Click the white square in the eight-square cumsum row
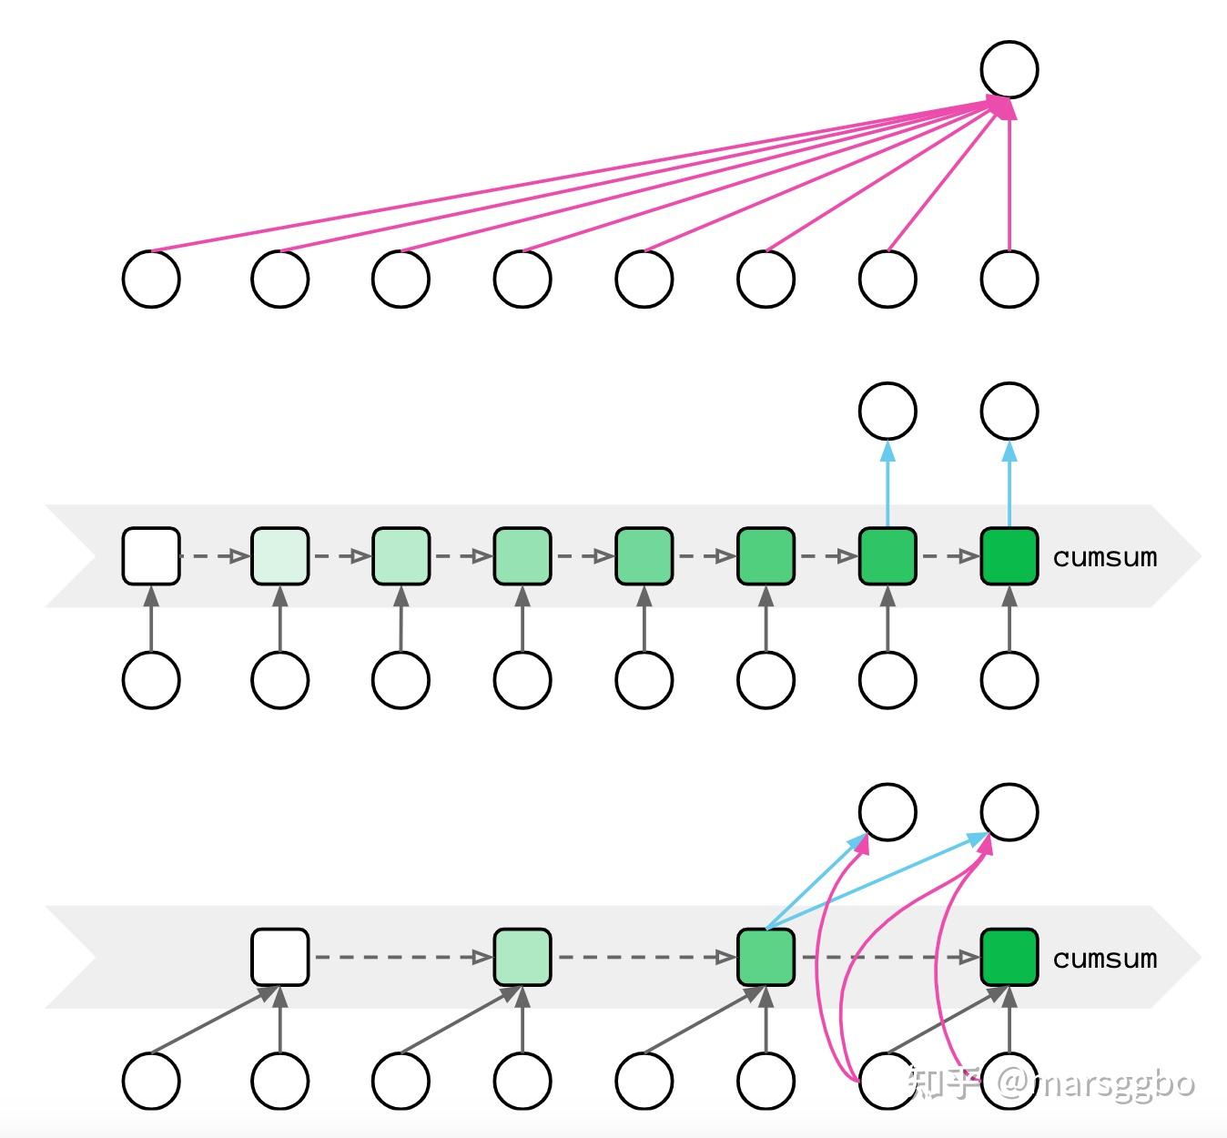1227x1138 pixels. [151, 555]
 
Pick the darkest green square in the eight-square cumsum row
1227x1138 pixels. [1009, 555]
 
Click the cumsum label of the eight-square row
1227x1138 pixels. [1105, 557]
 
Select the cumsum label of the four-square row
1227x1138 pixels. [1105, 959]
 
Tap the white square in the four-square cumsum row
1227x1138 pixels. [279, 957]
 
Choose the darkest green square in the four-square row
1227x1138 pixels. [1009, 957]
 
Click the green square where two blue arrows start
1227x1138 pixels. [766, 957]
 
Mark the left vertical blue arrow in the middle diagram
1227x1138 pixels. [887, 483]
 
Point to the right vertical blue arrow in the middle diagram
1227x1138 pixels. [1009, 483]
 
